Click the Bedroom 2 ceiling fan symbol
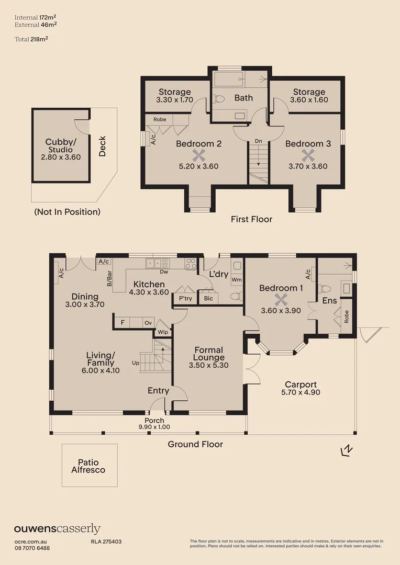[x=197, y=155]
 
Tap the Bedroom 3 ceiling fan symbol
[x=308, y=155]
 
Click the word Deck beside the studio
[x=102, y=146]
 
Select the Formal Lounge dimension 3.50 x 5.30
[x=208, y=365]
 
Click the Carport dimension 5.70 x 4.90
[x=301, y=392]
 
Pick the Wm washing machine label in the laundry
[x=236, y=280]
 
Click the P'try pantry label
[x=185, y=298]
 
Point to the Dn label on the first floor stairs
[x=258, y=141]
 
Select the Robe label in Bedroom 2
[x=160, y=119]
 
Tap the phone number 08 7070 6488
[x=32, y=548]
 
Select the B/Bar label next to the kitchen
[x=110, y=278]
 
